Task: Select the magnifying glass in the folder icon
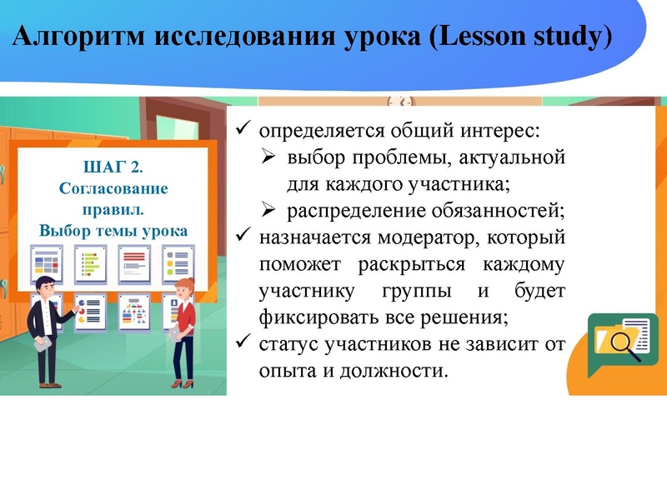click(624, 342)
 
